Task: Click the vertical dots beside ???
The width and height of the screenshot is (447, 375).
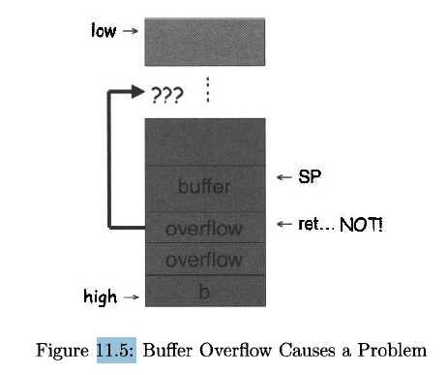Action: [207, 91]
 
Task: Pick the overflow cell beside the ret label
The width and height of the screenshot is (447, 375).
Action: [204, 230]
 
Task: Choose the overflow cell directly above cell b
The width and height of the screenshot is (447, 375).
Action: [204, 260]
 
